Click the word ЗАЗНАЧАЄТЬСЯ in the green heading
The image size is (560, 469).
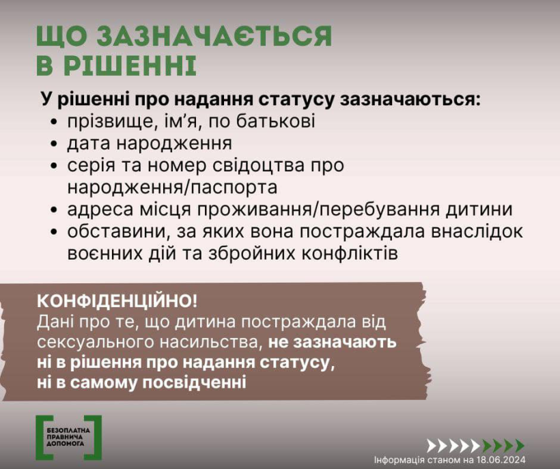tap(214, 36)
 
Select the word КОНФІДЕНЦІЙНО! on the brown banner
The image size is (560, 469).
tap(117, 301)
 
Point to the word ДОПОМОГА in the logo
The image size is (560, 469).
tap(66, 443)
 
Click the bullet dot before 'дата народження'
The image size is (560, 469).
tap(54, 144)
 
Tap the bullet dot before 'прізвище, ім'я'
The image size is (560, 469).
tap(54, 122)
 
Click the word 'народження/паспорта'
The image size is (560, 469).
tap(172, 188)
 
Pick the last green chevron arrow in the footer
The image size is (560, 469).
tap(519, 446)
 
